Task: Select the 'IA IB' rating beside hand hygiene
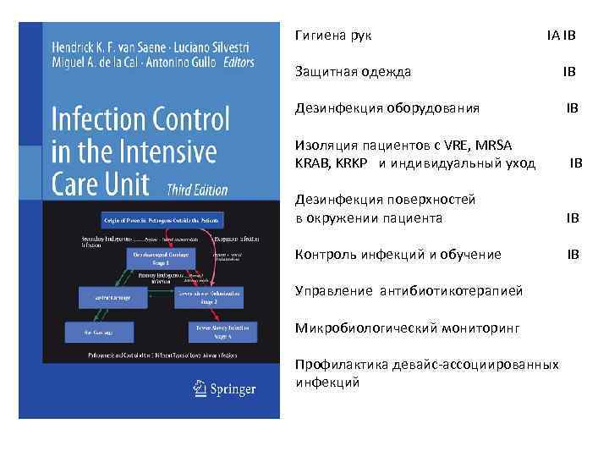coord(561,36)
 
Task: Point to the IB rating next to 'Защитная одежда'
coord(569,72)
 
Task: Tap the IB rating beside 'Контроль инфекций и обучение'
coord(573,254)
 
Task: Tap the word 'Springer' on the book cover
coord(234,389)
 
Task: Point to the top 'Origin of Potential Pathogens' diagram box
coord(163,219)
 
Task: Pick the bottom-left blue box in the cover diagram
coord(107,333)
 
